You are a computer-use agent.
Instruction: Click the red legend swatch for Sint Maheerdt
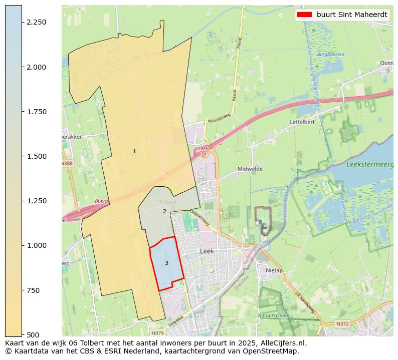pyautogui.click(x=304, y=15)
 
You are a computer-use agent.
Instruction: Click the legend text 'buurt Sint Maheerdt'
pyautogui.click(x=351, y=15)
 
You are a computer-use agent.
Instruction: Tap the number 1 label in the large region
pyautogui.click(x=134, y=151)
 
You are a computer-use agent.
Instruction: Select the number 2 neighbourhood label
pyautogui.click(x=164, y=211)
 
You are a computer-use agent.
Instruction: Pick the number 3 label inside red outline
pyautogui.click(x=166, y=263)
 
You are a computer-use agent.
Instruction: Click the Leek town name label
pyautogui.click(x=207, y=251)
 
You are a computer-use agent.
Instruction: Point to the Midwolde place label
pyautogui.click(x=250, y=169)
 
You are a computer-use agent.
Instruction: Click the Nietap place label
pyautogui.click(x=274, y=270)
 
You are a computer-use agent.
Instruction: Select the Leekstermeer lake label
pyautogui.click(x=369, y=164)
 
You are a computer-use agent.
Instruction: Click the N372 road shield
pyautogui.click(x=342, y=324)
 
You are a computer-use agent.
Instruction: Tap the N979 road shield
pyautogui.click(x=157, y=332)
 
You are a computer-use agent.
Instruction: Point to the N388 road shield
pyautogui.click(x=67, y=163)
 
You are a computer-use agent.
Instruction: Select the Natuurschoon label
pyautogui.click(x=274, y=315)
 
